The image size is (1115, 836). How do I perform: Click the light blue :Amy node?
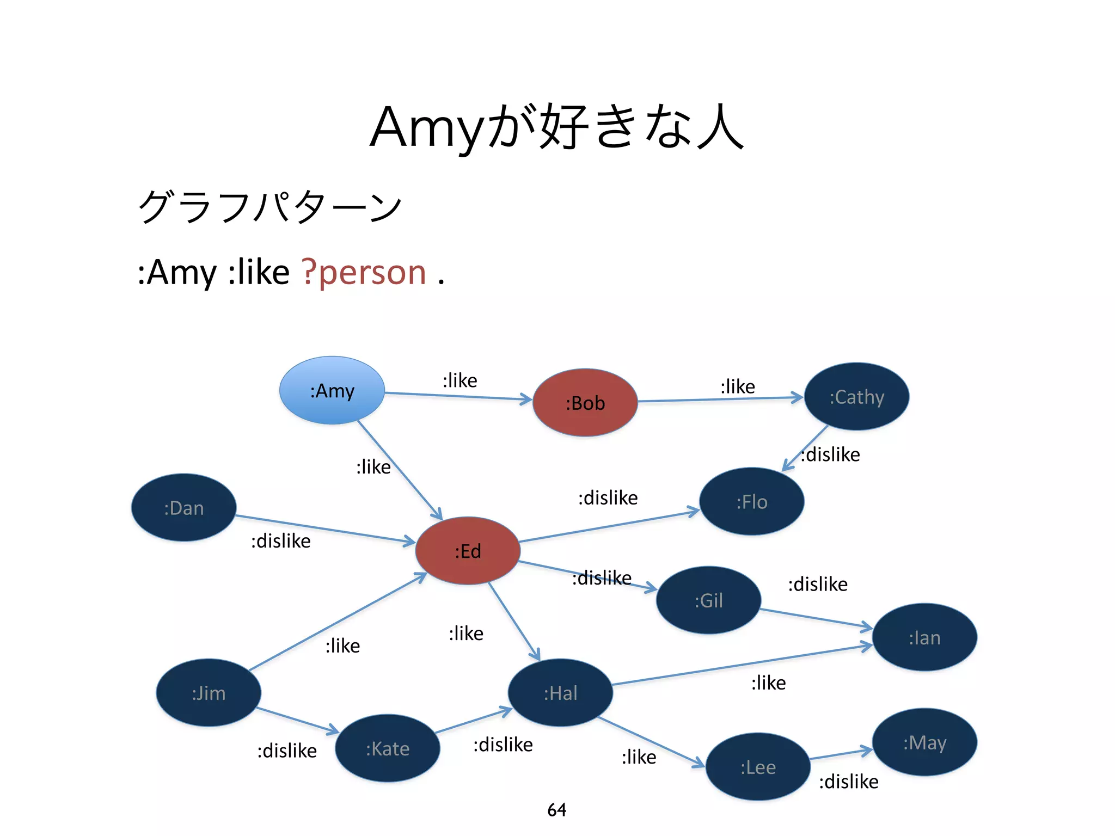[332, 390]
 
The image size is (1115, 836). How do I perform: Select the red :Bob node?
[585, 403]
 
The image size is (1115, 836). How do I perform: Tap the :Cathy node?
[856, 397]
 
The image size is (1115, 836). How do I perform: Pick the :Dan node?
[184, 508]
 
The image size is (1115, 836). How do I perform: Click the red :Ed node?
[468, 551]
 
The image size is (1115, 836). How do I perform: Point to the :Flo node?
[751, 501]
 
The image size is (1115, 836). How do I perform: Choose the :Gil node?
[708, 600]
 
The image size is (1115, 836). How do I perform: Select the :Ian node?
[924, 637]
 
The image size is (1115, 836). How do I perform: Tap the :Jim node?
[209, 693]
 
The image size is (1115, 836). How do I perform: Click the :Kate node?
[387, 748]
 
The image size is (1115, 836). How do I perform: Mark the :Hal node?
[560, 693]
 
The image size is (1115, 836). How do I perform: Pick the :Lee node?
[758, 767]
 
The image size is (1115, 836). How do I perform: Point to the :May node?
[924, 742]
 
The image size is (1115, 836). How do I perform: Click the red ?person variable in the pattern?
[364, 272]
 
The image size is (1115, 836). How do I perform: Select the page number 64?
[556, 810]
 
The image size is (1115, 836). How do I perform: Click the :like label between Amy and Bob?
[460, 380]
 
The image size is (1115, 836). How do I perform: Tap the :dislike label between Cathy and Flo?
[831, 454]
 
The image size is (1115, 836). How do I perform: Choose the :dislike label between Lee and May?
[849, 782]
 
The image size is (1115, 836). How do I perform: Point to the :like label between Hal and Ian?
[768, 683]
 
